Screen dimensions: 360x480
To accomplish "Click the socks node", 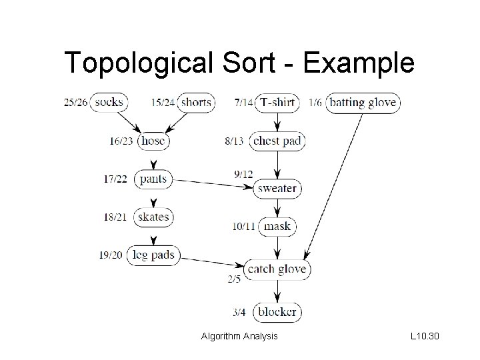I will tap(108, 102).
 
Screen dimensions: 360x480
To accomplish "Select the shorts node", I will tap(195, 102).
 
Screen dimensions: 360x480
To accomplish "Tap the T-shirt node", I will tap(277, 102).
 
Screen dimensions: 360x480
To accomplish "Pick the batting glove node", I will tap(363, 102).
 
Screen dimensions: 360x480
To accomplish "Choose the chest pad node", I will tap(277, 141).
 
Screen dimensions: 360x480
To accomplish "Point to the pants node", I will tap(153, 179).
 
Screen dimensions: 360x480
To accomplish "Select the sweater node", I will tap(277, 188).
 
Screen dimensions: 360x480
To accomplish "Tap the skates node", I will tap(153, 217).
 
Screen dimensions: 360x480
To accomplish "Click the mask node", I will tap(277, 226).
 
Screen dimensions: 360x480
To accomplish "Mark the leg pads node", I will tap(153, 255).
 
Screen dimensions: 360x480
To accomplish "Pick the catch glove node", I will tap(277, 269).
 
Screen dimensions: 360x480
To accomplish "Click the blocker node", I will tap(277, 311).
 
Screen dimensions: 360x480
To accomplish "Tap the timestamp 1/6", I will tap(315, 103).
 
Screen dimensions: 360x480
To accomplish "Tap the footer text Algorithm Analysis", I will tap(239, 337).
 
